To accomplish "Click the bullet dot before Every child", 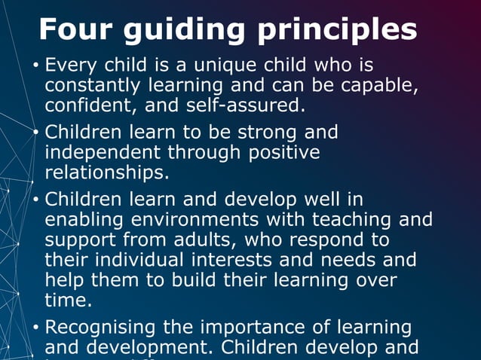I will (35, 66).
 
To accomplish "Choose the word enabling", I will (84, 220).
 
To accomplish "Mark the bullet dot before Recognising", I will (35, 329).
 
